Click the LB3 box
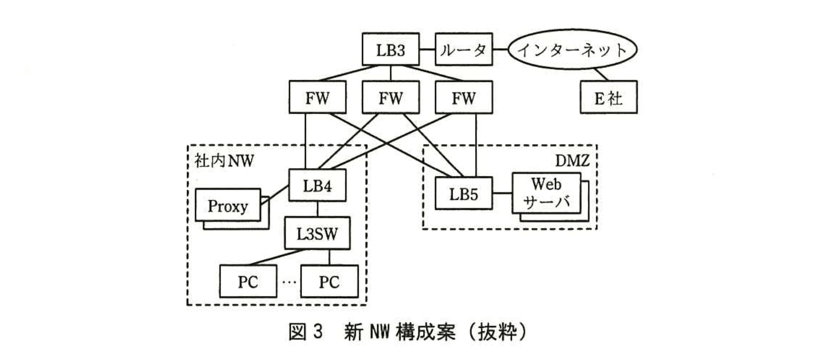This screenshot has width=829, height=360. [391, 50]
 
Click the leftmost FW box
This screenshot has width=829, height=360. [317, 97]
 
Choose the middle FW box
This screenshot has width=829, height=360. [390, 97]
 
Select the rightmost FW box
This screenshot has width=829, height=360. [464, 97]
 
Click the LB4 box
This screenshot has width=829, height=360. [317, 185]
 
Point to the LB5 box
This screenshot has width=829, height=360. [464, 192]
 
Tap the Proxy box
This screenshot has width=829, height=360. [228, 205]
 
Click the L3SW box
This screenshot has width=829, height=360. [317, 233]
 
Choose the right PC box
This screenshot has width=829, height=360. [329, 281]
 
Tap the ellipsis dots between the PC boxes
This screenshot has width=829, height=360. [289, 282]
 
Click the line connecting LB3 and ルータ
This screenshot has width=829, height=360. [427, 50]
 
